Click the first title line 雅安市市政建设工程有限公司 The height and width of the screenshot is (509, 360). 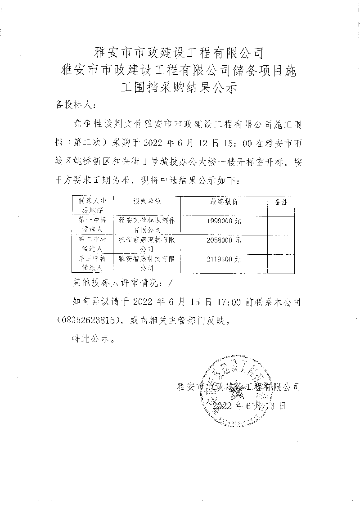180,54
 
